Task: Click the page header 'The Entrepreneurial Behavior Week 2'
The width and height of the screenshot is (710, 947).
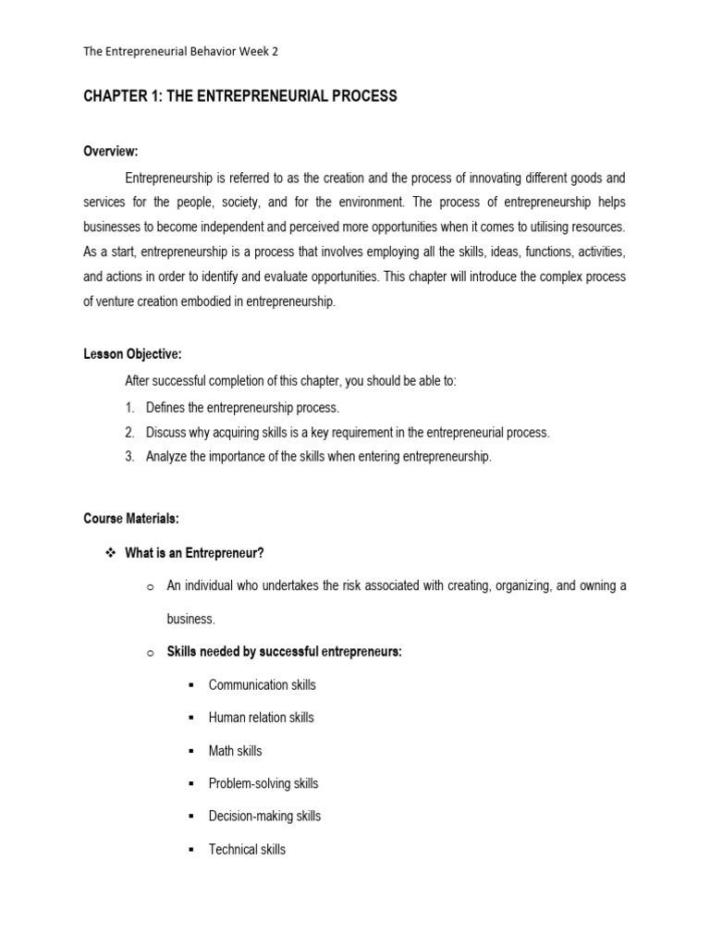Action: click(180, 52)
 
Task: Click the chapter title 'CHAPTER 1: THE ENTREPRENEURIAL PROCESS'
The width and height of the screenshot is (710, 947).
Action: click(240, 96)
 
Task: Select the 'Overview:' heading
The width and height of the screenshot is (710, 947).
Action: click(110, 151)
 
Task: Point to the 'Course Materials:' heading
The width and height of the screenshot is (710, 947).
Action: click(130, 519)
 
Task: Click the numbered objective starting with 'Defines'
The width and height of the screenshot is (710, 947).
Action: click(242, 407)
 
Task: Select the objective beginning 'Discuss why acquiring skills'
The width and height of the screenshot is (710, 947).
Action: click(347, 432)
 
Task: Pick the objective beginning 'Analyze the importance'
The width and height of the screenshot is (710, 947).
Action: click(318, 457)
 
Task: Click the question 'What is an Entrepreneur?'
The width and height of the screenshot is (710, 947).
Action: click(194, 553)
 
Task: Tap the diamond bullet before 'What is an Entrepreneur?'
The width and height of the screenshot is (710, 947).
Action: click(110, 553)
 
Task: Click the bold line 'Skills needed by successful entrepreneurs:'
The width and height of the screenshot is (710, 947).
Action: click(284, 652)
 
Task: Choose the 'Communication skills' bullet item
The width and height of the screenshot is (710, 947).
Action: click(262, 685)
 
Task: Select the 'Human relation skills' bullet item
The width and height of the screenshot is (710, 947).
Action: click(261, 718)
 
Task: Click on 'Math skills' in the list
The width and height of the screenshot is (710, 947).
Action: click(235, 751)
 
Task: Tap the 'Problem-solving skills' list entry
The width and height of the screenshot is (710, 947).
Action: click(263, 783)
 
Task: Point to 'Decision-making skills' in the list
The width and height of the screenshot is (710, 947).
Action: click(264, 817)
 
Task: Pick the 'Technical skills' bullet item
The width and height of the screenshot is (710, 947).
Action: click(247, 849)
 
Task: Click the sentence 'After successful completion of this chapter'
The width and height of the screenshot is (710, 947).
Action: click(290, 381)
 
